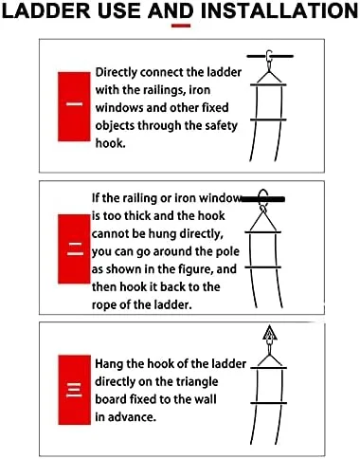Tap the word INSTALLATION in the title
(279, 10)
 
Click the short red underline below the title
(181, 26)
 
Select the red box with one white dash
(74, 106)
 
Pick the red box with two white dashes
(74, 248)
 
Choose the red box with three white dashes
(74, 390)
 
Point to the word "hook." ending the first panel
(111, 143)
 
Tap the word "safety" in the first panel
(221, 126)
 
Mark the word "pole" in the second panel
(226, 252)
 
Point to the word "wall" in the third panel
(206, 399)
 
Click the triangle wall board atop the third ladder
(269, 333)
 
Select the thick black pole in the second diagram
(262, 199)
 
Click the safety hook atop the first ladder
(269, 60)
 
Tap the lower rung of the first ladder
(268, 119)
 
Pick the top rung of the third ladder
(268, 368)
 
